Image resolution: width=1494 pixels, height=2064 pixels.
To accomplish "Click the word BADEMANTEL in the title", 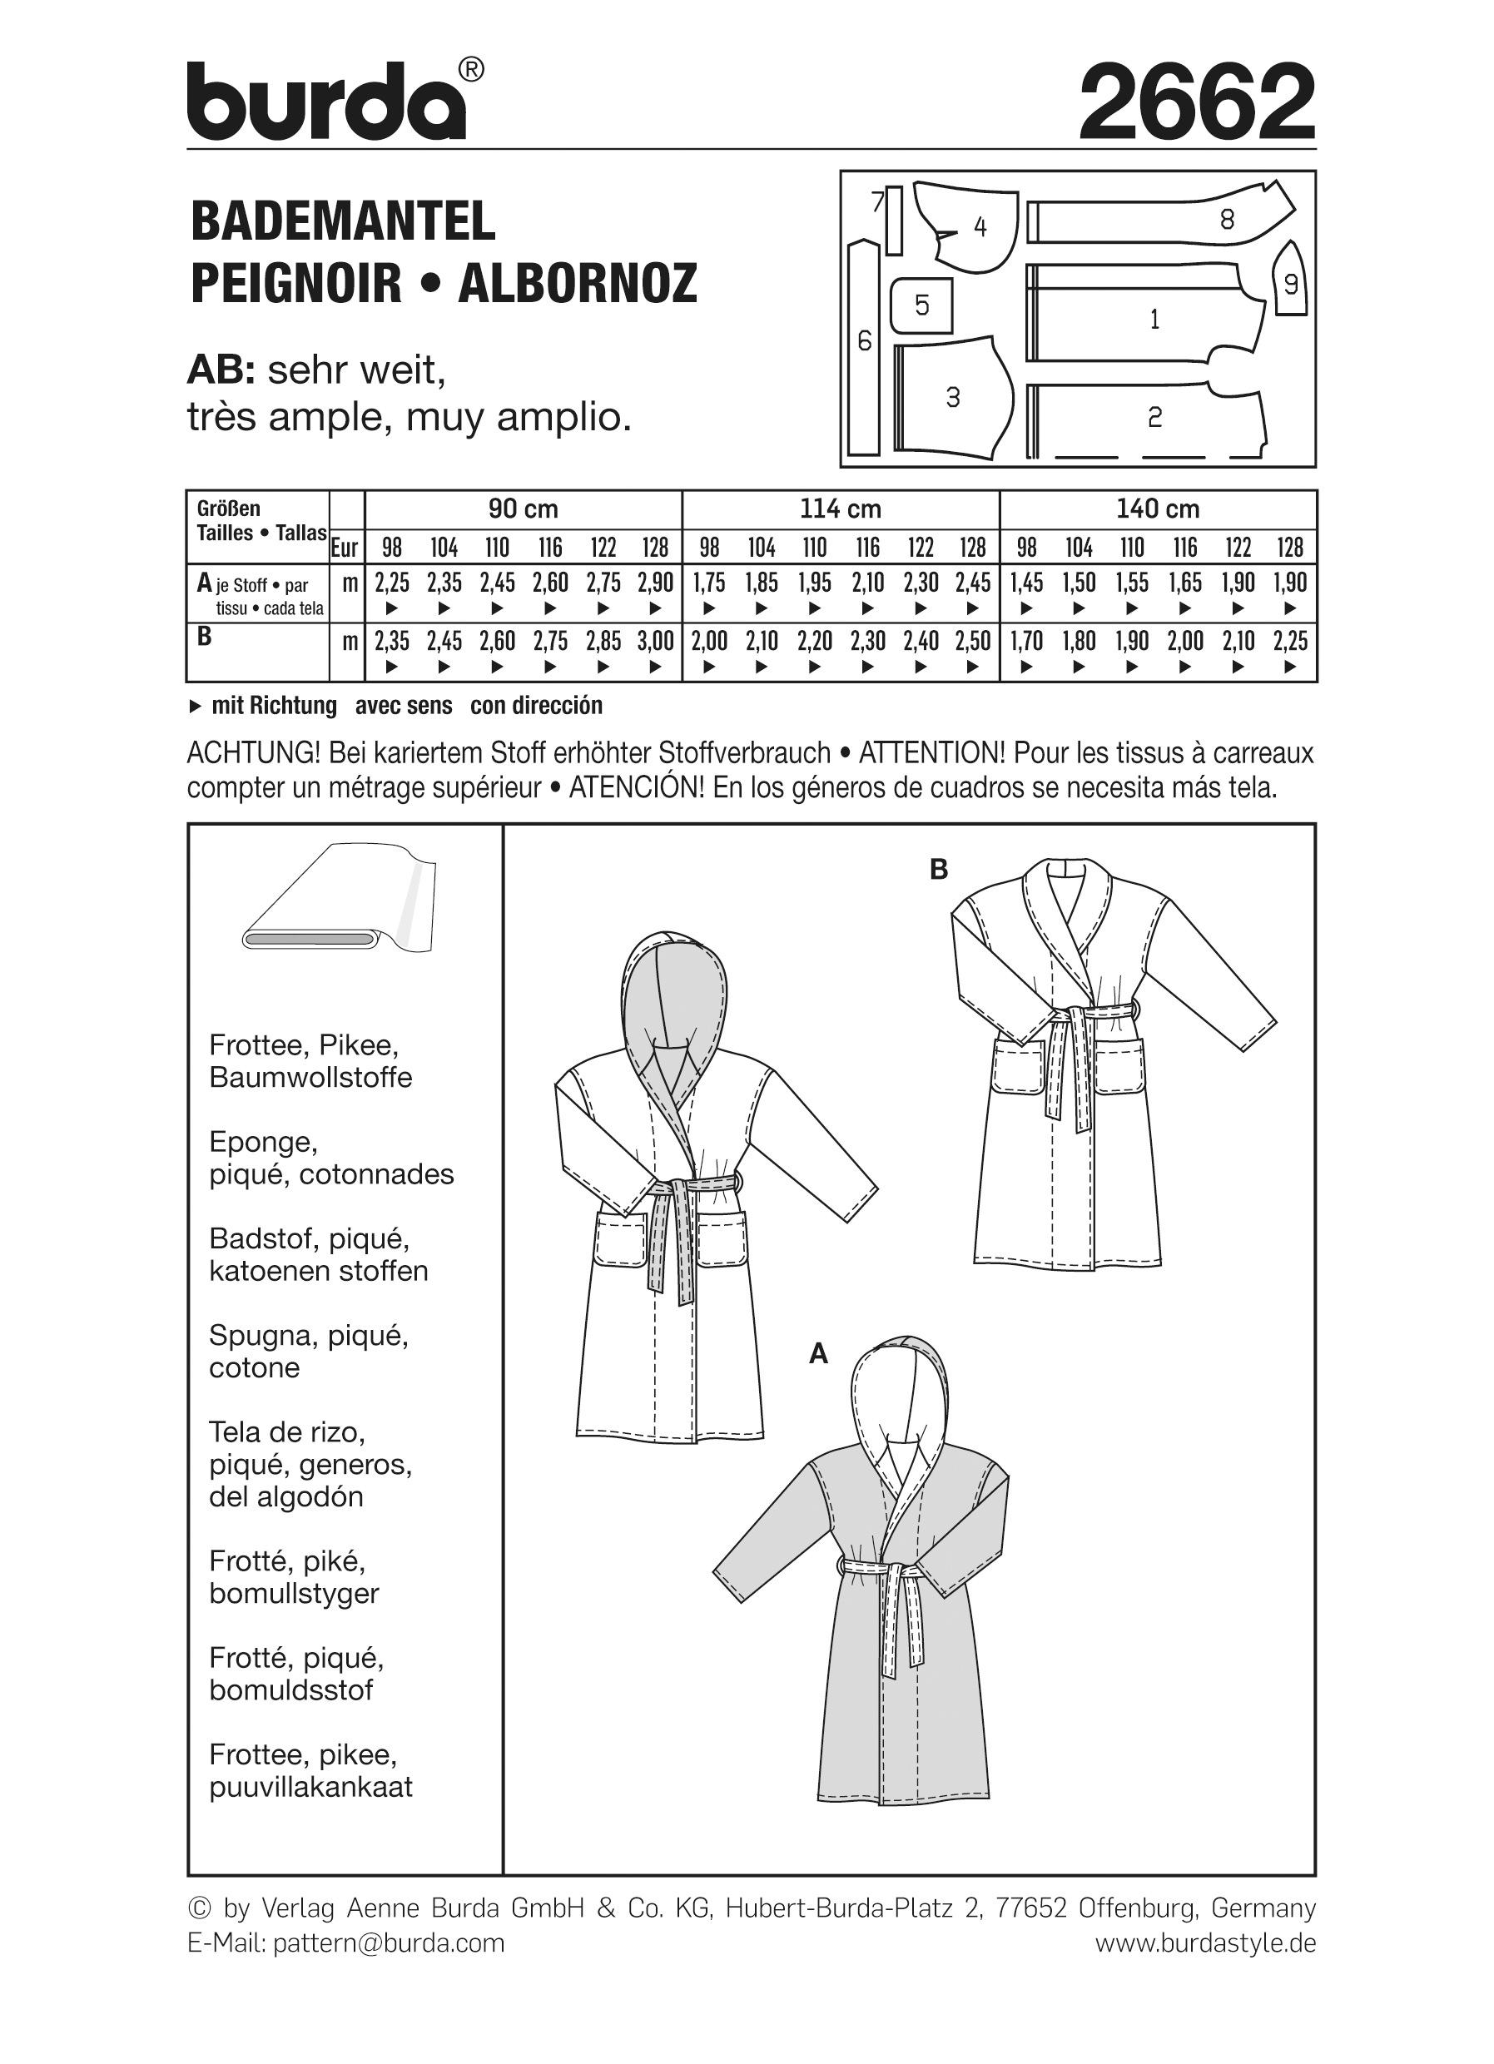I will pos(343,221).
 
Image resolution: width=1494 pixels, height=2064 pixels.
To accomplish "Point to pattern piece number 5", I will pos(921,305).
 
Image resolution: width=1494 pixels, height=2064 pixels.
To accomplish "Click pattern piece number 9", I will pos(1289,284).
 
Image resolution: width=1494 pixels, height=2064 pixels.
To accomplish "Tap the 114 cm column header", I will pos(840,509).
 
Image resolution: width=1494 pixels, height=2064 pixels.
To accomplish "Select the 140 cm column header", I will pos(1158,509).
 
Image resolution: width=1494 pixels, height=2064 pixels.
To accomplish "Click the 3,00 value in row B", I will pos(655,642).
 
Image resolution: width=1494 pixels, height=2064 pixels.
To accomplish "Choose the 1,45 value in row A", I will pos(1026,583).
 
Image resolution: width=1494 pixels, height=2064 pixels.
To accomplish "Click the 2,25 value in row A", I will pos(391,583).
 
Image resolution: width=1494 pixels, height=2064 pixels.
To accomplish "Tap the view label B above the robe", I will pos(939,871).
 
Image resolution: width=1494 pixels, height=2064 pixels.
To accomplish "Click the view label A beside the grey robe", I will pos(818,1381).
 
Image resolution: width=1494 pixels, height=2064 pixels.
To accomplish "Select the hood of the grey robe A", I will pos(901,1392).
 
